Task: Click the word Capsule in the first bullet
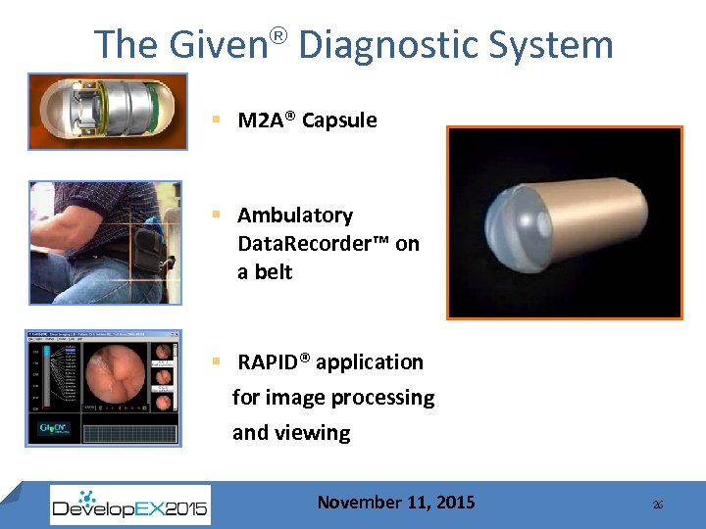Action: tap(339, 120)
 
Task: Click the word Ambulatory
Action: tap(294, 216)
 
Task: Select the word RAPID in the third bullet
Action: tap(269, 362)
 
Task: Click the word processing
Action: tap(382, 398)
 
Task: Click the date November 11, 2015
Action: tap(395, 503)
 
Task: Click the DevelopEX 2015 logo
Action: tap(129, 505)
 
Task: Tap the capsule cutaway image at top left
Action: tap(108, 112)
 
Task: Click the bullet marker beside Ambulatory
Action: tap(215, 216)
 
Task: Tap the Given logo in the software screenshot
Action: tap(51, 429)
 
